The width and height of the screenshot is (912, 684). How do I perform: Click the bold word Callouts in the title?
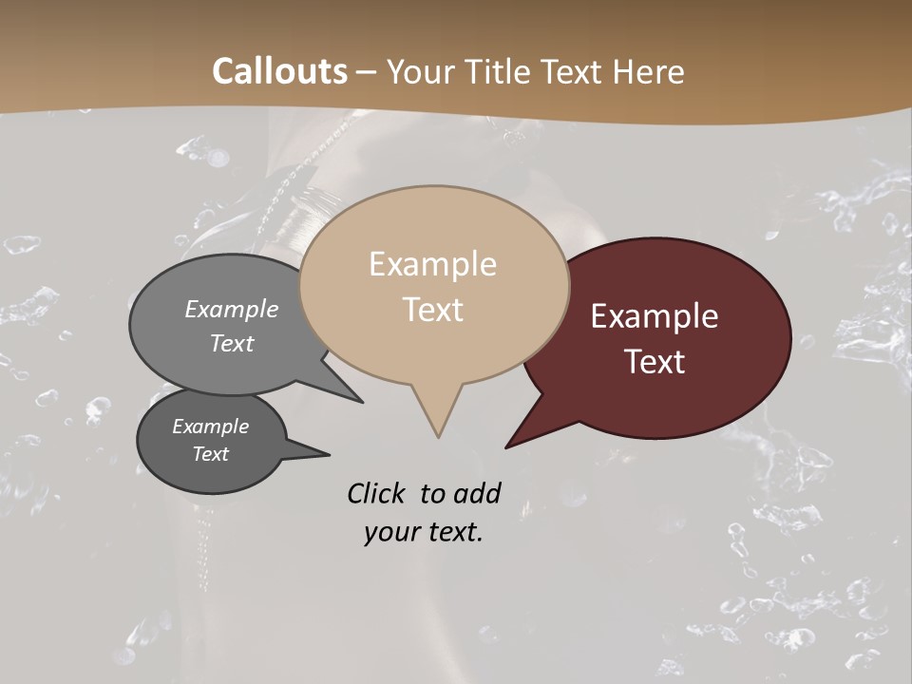[x=279, y=71]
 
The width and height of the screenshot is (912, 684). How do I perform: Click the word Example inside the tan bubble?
[x=432, y=264]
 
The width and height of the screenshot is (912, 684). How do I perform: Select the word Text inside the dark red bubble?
[x=655, y=362]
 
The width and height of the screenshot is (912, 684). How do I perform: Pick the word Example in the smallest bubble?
[x=210, y=427]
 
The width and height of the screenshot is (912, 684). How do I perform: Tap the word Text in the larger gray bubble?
[x=232, y=343]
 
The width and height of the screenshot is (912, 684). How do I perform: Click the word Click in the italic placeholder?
[x=376, y=493]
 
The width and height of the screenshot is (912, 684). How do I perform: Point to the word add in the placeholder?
[x=477, y=493]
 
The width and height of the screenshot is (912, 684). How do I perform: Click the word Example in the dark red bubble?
[x=655, y=316]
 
